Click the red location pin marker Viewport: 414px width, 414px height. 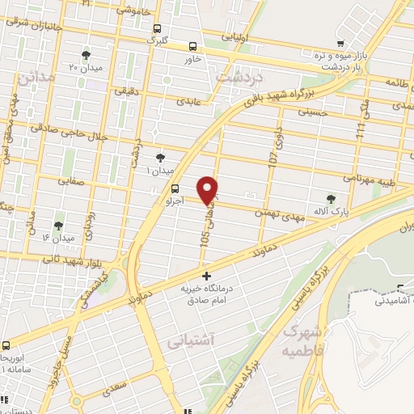tap(209, 189)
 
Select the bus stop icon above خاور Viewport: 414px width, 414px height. tap(193, 46)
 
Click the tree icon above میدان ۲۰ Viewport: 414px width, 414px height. tap(86, 55)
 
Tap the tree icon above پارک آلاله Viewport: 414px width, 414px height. tap(330, 198)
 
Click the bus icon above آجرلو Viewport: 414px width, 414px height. tap(153, 188)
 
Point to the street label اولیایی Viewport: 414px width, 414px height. tap(247, 37)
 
